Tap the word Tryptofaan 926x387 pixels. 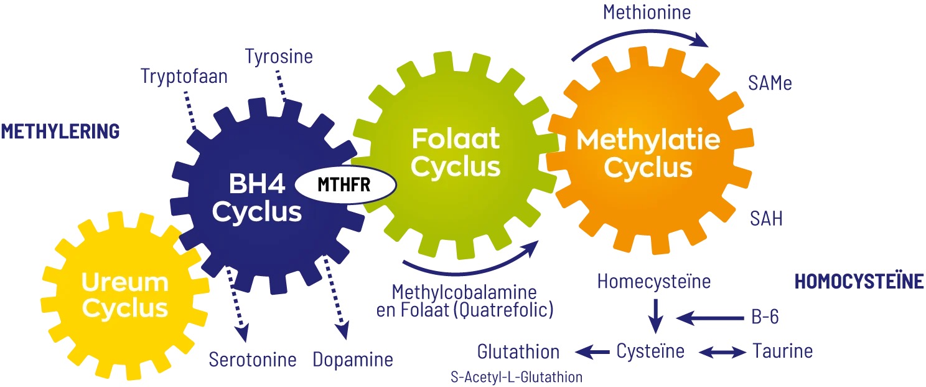coord(184,77)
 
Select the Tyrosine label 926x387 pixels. coord(279,57)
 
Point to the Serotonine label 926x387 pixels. coord(253,360)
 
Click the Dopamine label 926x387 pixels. coord(353,360)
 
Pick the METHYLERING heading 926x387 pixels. coord(60,131)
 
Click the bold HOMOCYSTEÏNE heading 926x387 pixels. coord(859,282)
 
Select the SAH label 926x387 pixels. coord(766,219)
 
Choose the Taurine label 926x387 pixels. coord(782,351)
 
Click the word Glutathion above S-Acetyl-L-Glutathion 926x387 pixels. coord(518,351)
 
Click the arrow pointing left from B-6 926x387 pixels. coord(706,318)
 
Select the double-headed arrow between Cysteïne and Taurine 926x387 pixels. coord(722,352)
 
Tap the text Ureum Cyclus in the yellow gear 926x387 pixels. coord(125,295)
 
